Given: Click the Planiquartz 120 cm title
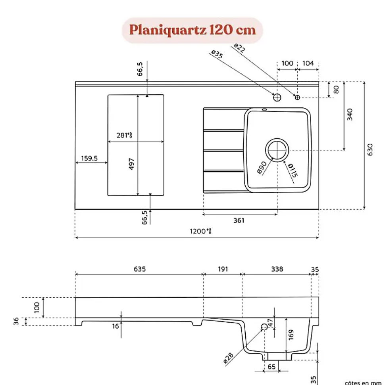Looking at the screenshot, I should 192,30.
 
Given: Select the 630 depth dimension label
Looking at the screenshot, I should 370,149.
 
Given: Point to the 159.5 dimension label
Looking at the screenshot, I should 89,158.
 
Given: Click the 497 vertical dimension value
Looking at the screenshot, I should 132,164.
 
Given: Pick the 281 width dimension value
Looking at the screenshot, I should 124,135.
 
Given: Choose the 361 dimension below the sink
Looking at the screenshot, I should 239,220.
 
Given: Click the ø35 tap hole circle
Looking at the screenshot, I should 277,97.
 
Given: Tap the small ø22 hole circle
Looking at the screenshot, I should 297,97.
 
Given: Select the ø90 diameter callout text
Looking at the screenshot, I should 262,167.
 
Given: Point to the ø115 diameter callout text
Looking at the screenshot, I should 293,170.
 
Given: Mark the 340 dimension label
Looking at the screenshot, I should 349,114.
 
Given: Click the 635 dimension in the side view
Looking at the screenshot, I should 140,269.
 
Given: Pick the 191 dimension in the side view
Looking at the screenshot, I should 223,269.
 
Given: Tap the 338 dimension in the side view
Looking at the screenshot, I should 277,269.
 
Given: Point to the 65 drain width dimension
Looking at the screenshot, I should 271,367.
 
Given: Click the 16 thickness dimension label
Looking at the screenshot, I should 115,326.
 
